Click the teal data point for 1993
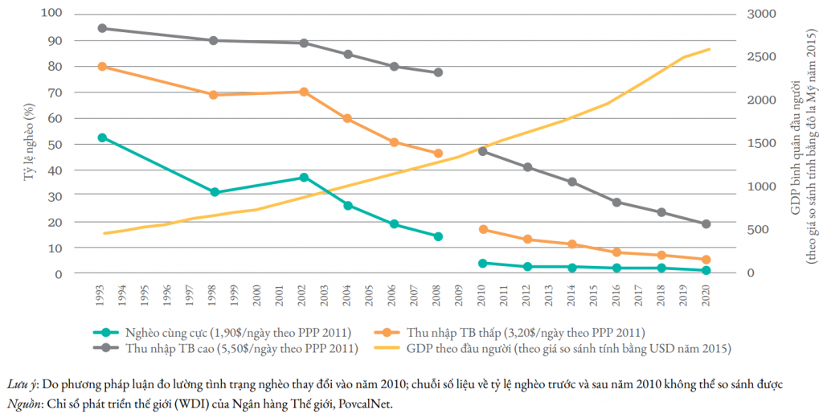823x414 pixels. [102, 137]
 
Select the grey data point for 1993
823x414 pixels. [102, 28]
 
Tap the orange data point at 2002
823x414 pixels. [303, 92]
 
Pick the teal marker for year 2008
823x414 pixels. [438, 236]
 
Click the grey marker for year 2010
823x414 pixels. [483, 151]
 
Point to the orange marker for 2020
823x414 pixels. [706, 260]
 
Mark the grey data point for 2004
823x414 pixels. [348, 55]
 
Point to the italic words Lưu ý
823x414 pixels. [21, 385]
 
